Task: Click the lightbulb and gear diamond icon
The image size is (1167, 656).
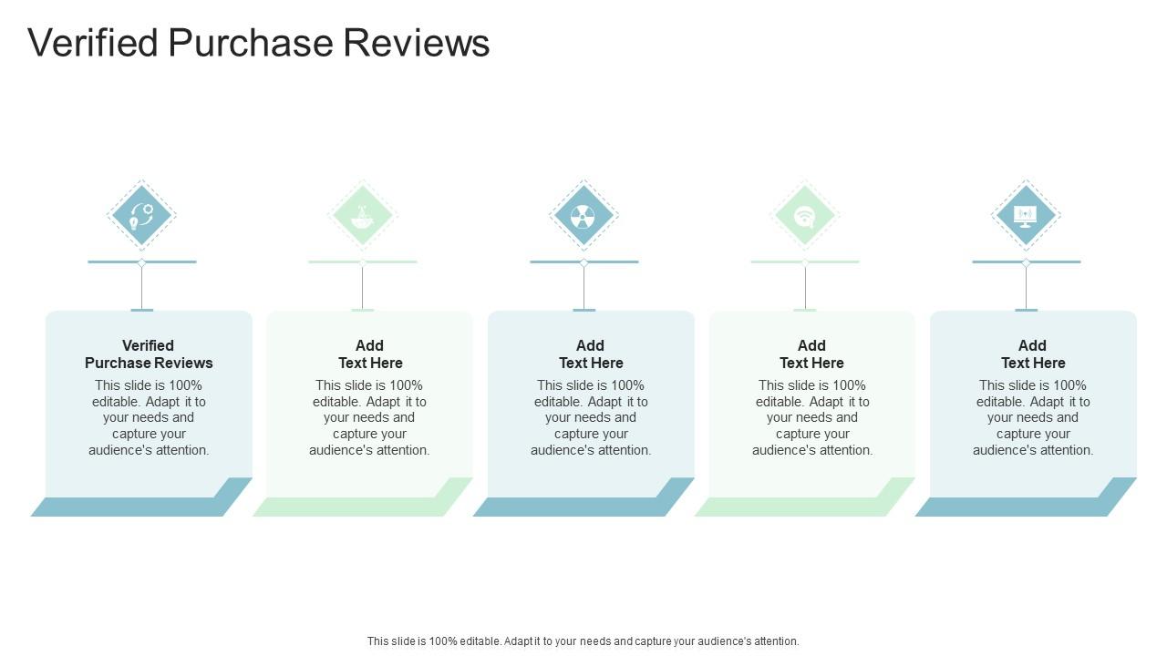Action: (141, 216)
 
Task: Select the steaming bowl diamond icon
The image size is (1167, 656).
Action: (363, 216)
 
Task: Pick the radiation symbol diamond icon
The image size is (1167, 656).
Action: (583, 216)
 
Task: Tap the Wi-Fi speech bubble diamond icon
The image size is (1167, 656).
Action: (805, 216)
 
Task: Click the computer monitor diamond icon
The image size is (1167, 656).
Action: (1026, 216)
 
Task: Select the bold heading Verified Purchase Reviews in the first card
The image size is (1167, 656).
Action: (149, 354)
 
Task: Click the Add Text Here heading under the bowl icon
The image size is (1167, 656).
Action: (370, 354)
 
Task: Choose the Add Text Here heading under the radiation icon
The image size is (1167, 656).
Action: (591, 354)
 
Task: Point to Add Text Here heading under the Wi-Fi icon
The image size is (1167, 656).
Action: (811, 354)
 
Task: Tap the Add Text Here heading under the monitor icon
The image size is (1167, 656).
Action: (1033, 354)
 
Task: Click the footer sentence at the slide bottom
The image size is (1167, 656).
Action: (583, 641)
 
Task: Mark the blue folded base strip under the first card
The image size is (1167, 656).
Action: (128, 507)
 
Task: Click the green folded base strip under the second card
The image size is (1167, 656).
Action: (349, 507)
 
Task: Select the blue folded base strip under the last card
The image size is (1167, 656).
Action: (1012, 507)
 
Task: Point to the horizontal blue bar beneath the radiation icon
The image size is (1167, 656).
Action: (556, 261)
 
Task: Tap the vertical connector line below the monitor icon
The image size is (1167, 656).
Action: (1026, 287)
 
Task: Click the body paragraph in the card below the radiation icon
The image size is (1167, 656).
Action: (591, 417)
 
